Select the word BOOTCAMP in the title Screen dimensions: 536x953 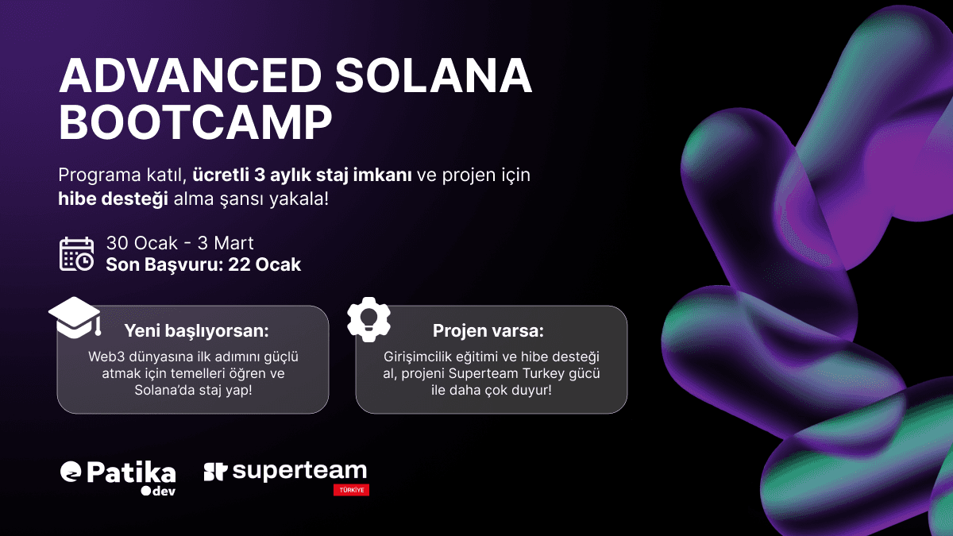click(x=195, y=122)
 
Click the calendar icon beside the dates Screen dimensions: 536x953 click(x=77, y=253)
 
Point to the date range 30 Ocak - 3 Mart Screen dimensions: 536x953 click(x=180, y=243)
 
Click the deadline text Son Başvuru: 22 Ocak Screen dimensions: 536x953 click(x=203, y=264)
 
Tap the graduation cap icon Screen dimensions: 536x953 click(x=75, y=316)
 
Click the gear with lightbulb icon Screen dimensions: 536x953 click(x=369, y=318)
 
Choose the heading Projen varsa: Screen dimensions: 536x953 click(x=488, y=330)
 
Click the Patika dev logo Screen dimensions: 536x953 click(x=118, y=476)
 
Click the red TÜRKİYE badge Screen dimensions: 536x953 click(x=351, y=490)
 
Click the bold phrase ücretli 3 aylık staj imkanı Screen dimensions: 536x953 click(x=302, y=175)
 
